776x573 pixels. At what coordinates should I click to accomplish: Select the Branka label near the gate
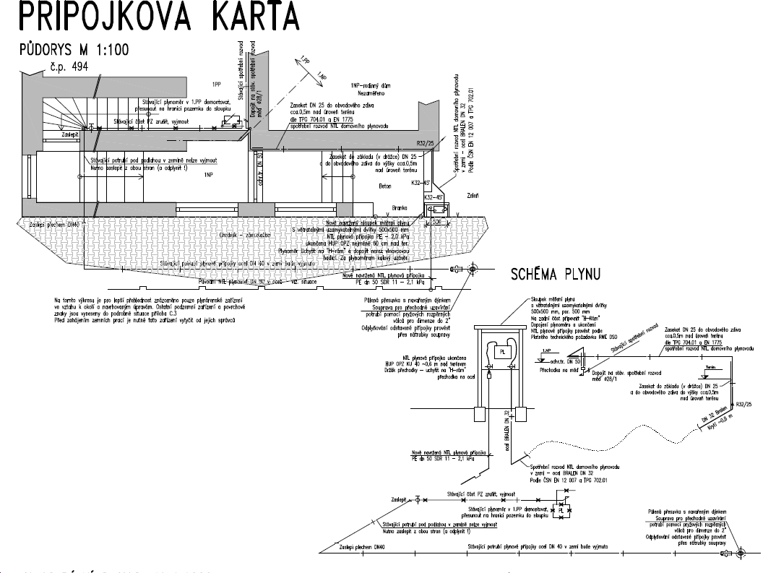400,207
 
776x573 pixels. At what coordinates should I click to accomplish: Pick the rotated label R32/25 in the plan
427,144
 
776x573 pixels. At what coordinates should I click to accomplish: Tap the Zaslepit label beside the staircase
70,134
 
